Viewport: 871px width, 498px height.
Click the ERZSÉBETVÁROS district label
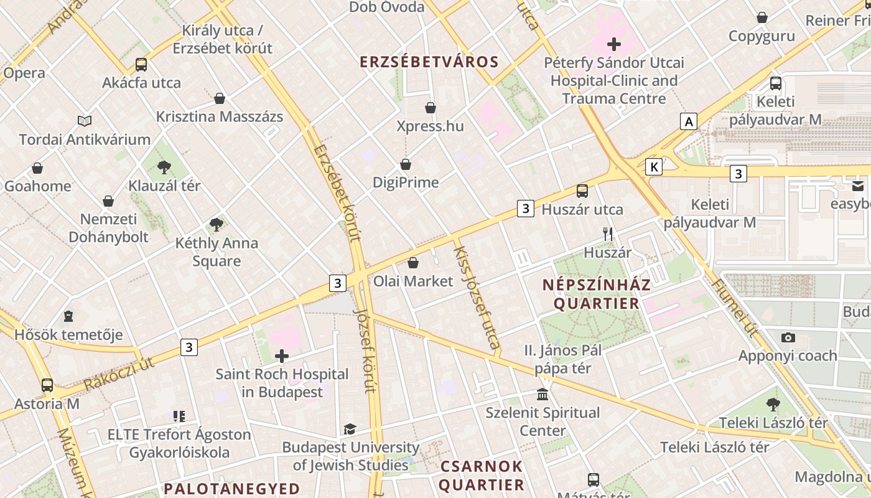tap(429, 62)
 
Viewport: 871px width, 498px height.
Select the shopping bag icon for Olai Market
tap(413, 263)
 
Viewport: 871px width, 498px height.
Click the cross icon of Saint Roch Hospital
tap(282, 356)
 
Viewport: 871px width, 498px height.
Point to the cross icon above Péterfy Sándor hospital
tap(614, 44)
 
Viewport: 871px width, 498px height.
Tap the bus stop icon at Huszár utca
tap(582, 191)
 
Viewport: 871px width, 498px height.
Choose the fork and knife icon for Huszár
tap(608, 234)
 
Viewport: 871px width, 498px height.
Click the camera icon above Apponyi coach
tap(788, 338)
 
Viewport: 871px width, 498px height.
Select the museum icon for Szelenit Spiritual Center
tap(543, 395)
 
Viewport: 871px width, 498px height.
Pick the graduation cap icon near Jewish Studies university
tap(350, 429)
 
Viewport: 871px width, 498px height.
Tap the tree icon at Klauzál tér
tap(164, 167)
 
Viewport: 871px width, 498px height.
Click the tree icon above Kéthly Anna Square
tap(217, 225)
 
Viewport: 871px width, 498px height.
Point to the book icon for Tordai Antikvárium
tap(85, 121)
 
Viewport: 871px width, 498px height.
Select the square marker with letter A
tap(689, 121)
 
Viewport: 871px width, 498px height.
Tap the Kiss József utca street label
tap(477, 298)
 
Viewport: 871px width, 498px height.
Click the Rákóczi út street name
tap(118, 374)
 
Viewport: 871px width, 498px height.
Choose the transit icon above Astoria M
tap(47, 385)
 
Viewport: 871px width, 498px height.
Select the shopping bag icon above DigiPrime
tap(406, 164)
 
